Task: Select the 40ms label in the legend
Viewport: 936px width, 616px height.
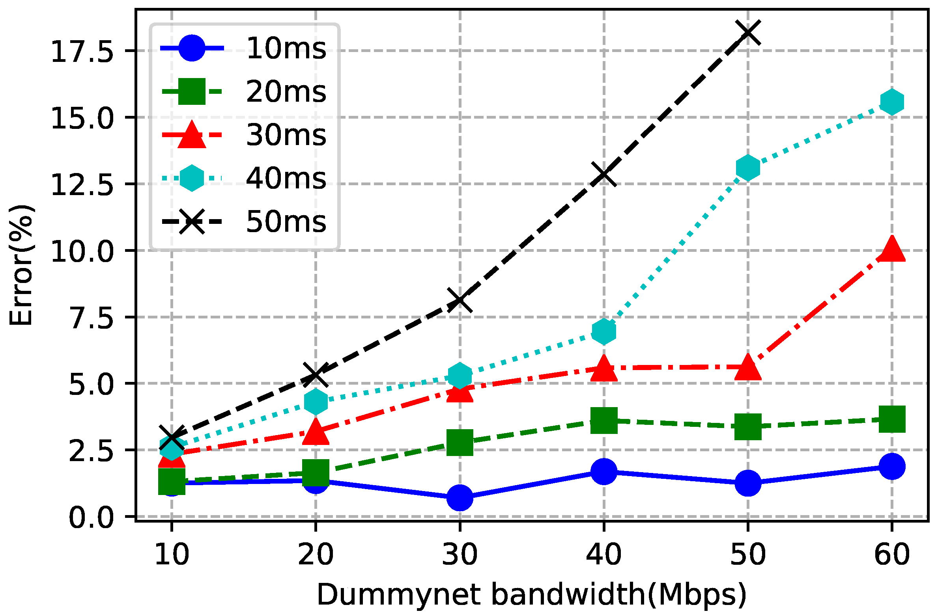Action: (x=286, y=179)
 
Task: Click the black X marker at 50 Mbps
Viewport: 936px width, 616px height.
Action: (x=748, y=33)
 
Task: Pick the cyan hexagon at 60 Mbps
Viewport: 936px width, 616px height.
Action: (x=892, y=101)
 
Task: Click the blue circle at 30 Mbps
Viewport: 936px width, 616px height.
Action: (x=460, y=498)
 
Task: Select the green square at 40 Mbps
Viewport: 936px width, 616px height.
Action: (x=604, y=421)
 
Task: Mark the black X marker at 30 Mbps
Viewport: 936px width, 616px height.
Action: (x=460, y=300)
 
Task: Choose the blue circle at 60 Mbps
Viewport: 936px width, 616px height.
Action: (x=892, y=466)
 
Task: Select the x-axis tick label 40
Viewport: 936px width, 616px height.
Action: (x=604, y=555)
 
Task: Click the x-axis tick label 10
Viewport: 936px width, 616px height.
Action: (x=172, y=555)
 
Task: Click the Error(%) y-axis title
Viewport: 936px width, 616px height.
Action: (x=22, y=265)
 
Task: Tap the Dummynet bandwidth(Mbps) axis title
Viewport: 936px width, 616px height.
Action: (x=532, y=595)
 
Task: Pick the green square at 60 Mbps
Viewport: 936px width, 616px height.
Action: (x=892, y=419)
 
